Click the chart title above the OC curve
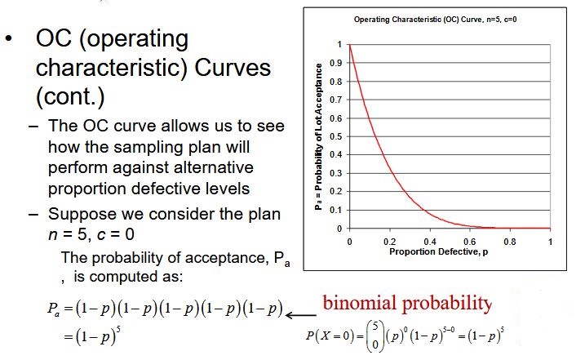click(435, 20)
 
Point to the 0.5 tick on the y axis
click(336, 136)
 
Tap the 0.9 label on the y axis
click(336, 63)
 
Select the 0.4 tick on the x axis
click(430, 242)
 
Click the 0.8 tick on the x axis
click(510, 242)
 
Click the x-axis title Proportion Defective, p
click(438, 251)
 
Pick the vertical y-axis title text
click(318, 136)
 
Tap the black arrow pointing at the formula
click(301, 315)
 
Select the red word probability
click(447, 304)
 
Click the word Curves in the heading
click(233, 68)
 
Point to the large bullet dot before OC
click(9, 39)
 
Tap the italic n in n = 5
click(52, 235)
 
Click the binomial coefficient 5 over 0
click(375, 336)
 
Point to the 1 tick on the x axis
click(550, 242)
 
